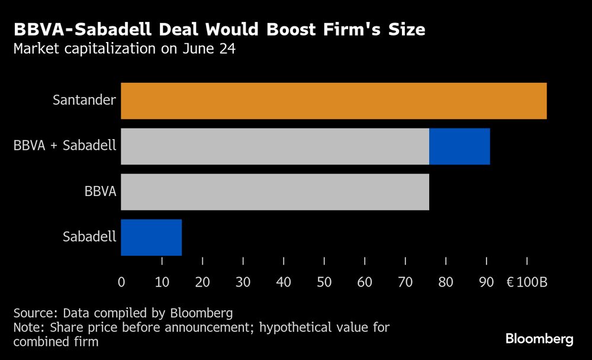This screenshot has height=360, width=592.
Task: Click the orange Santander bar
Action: coord(333,101)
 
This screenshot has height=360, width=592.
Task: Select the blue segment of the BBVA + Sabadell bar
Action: coord(459,146)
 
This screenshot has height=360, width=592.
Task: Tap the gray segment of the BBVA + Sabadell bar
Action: coord(275,146)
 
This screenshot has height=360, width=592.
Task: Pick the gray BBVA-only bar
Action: coord(275,192)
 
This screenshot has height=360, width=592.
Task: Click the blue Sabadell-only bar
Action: coord(151,237)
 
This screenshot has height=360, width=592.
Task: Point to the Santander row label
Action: coord(84,100)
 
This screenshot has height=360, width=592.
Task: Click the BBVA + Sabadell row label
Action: coord(65,146)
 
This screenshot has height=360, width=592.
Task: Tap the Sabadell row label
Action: coord(89,237)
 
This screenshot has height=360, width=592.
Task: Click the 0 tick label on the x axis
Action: coord(121,282)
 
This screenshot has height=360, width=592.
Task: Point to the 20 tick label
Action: coord(202,282)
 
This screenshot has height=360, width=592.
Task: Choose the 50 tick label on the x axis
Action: coord(324,282)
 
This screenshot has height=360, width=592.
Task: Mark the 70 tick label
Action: coord(405,282)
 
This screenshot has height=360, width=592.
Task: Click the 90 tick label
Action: coord(486,282)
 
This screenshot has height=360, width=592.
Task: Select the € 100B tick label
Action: coord(526,282)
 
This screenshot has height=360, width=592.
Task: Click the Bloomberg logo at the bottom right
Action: coord(539,339)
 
